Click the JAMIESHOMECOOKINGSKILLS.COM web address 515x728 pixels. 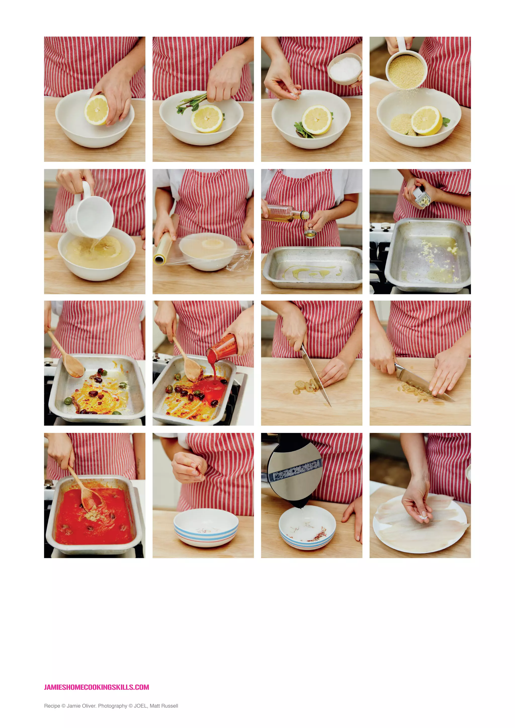coord(96,687)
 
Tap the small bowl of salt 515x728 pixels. coord(345,69)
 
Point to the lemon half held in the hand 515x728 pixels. coord(96,110)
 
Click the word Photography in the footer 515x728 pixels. coord(113,706)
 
